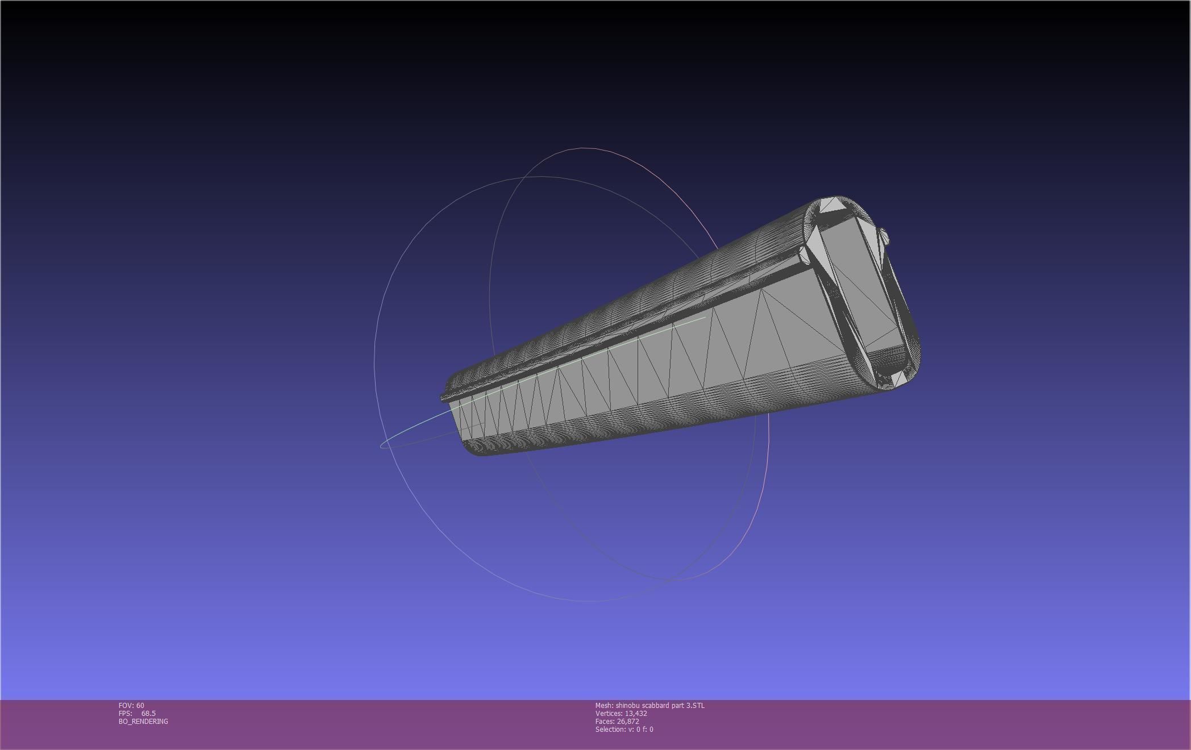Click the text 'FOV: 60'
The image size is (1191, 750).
131,705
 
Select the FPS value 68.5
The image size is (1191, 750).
148,713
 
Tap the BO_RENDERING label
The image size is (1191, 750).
143,721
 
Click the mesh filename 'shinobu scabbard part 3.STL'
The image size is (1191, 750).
660,705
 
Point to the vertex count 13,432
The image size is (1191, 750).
635,713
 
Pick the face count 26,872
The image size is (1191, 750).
628,721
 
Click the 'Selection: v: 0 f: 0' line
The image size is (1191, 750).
624,729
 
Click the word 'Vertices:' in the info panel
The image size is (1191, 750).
609,713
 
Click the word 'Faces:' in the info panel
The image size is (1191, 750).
605,721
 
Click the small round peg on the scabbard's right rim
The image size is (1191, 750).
884,236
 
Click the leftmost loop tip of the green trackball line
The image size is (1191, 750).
381,445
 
